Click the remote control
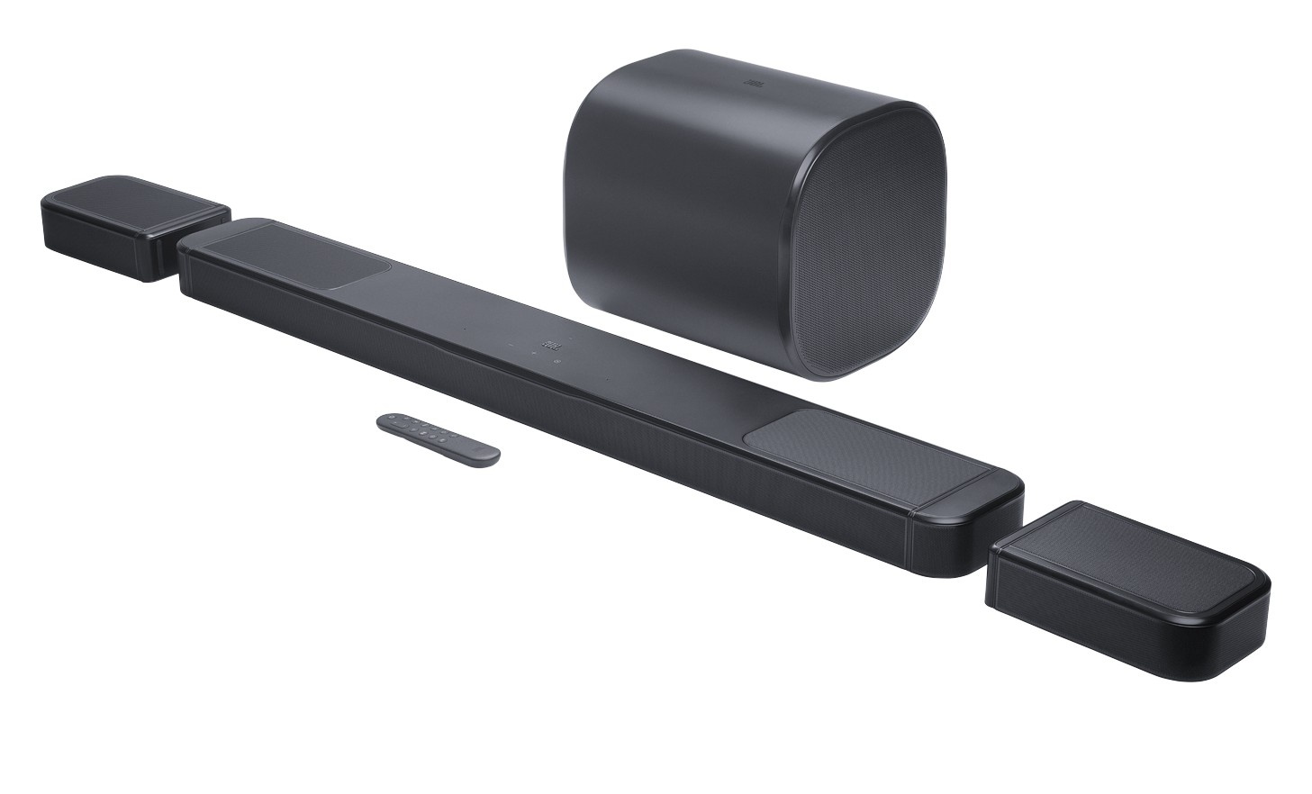pyautogui.click(x=438, y=438)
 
